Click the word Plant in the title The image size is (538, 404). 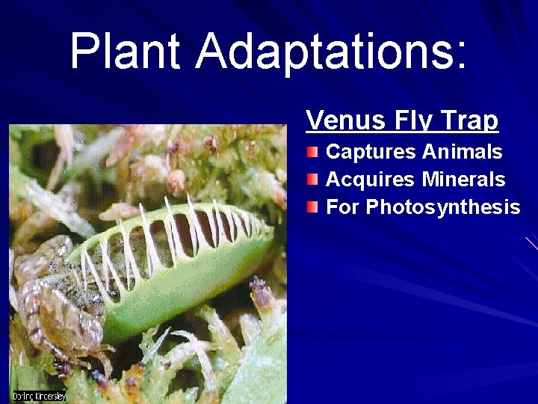(125, 51)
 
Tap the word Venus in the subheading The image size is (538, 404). (346, 120)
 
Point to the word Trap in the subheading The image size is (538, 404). (469, 120)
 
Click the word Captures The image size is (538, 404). (371, 153)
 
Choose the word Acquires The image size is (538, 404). (371, 180)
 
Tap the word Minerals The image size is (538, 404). (463, 180)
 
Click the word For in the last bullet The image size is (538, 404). (344, 206)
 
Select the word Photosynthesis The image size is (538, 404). (443, 207)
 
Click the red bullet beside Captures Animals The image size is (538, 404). (312, 153)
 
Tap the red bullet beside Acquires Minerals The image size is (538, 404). (312, 180)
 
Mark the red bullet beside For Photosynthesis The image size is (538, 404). (312, 206)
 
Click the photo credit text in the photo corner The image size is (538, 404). (39, 396)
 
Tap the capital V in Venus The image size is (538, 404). (315, 120)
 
